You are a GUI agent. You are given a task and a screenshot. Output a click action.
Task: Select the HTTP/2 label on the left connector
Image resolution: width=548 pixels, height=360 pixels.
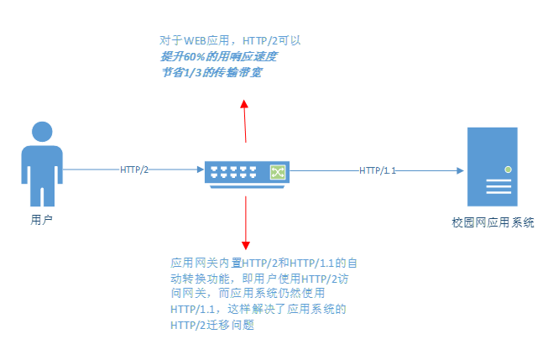pos(134,170)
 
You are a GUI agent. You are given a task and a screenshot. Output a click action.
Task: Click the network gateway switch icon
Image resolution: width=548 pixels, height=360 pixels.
pos(248,172)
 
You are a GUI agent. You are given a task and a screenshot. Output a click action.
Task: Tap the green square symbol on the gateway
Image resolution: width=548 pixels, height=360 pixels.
pos(277,171)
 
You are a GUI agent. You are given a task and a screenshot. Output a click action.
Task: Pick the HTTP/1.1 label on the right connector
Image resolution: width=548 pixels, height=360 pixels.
pos(378,170)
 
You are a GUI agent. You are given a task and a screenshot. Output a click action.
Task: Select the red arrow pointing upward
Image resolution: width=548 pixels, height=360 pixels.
pos(245,122)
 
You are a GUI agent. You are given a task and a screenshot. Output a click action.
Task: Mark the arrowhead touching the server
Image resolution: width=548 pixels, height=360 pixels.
pos(459,170)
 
